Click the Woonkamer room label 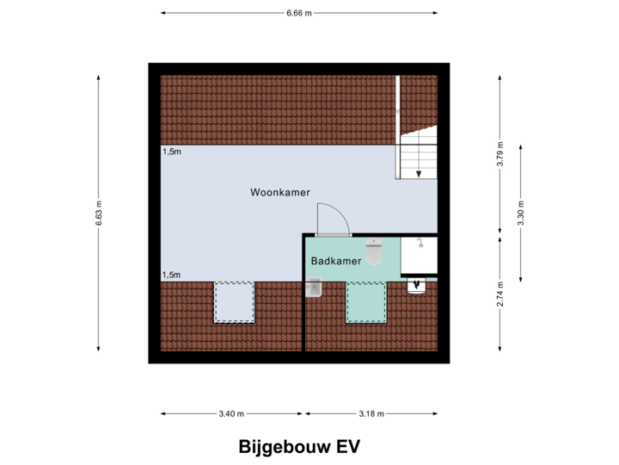(280, 191)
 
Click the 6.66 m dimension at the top (299, 13)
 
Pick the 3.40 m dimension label (231, 413)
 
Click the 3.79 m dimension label (500, 155)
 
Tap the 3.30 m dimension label (521, 212)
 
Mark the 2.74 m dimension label (500, 293)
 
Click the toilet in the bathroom (374, 251)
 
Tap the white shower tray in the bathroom (419, 255)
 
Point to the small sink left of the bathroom (314, 287)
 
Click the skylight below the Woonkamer (234, 301)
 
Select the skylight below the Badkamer (366, 302)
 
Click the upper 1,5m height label (172, 152)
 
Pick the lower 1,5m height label (172, 275)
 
